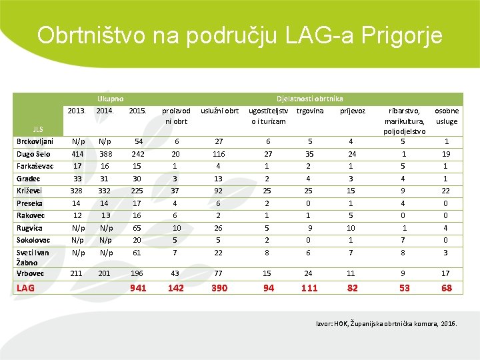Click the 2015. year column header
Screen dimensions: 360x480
click(x=138, y=110)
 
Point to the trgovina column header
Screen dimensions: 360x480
click(x=309, y=110)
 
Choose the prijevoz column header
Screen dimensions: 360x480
click(x=353, y=110)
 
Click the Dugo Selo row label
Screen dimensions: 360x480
click(x=33, y=154)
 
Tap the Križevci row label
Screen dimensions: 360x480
click(x=31, y=191)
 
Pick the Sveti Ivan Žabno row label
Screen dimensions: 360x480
click(x=33, y=257)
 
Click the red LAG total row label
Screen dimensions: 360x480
click(x=26, y=288)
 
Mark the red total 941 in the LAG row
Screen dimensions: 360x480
click(x=139, y=288)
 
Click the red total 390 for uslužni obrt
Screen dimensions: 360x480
click(x=219, y=288)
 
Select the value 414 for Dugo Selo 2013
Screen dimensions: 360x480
click(x=78, y=154)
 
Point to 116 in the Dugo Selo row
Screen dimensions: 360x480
click(x=219, y=154)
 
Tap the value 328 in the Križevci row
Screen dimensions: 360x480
click(x=78, y=191)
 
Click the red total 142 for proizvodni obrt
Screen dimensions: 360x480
click(x=176, y=288)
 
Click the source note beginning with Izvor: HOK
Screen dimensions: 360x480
click(x=387, y=323)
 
